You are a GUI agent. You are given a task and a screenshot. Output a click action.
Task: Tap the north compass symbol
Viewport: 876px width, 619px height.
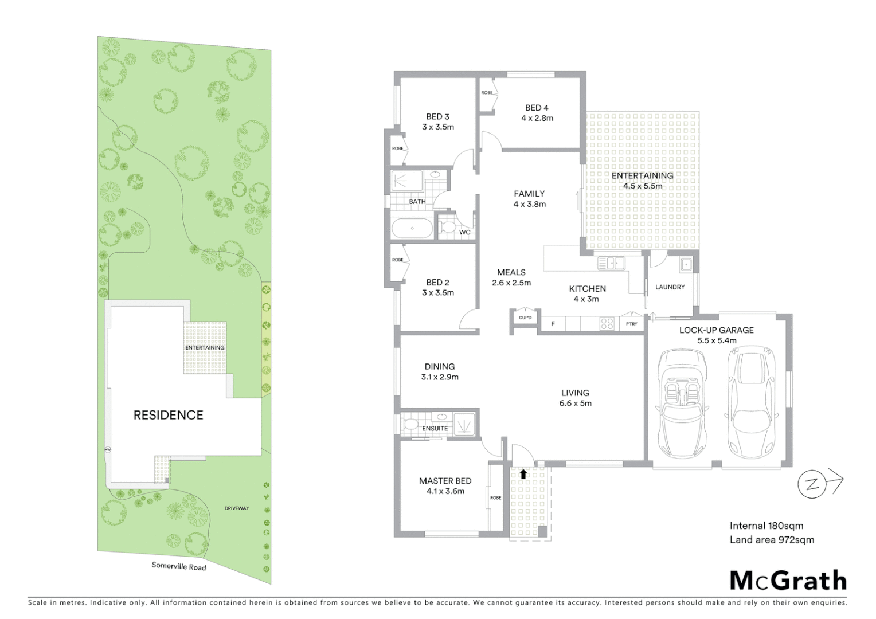point(812,485)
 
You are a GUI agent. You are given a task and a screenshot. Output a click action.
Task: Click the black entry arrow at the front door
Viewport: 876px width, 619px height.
point(523,473)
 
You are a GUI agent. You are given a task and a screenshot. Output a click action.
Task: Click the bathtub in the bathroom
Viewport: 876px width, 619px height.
point(412,229)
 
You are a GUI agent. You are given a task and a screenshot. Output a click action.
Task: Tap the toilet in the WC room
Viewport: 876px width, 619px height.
point(447,228)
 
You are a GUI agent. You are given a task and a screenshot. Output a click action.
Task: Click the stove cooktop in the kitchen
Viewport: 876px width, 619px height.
point(607,324)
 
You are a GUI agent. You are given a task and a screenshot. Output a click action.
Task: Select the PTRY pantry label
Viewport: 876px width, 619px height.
point(632,324)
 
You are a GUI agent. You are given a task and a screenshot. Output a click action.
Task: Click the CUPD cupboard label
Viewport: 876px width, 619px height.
point(525,318)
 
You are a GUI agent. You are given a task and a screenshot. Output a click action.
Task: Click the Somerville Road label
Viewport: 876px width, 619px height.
point(178,566)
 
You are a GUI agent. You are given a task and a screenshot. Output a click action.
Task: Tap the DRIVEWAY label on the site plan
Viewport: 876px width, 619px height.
point(236,508)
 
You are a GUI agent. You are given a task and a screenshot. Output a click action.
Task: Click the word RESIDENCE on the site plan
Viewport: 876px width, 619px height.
point(168,415)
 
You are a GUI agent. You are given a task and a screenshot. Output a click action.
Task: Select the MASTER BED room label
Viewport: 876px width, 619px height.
point(445,481)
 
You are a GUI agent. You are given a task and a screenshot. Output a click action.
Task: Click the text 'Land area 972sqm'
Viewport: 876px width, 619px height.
point(772,539)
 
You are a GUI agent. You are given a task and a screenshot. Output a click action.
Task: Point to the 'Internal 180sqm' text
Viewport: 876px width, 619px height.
point(766,526)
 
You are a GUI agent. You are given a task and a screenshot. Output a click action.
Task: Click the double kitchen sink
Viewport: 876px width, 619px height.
point(611,264)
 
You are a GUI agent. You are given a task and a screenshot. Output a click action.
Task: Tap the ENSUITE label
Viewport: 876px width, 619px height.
point(435,428)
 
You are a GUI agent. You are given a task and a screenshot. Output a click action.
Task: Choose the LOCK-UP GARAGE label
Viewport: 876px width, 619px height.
point(716,330)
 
